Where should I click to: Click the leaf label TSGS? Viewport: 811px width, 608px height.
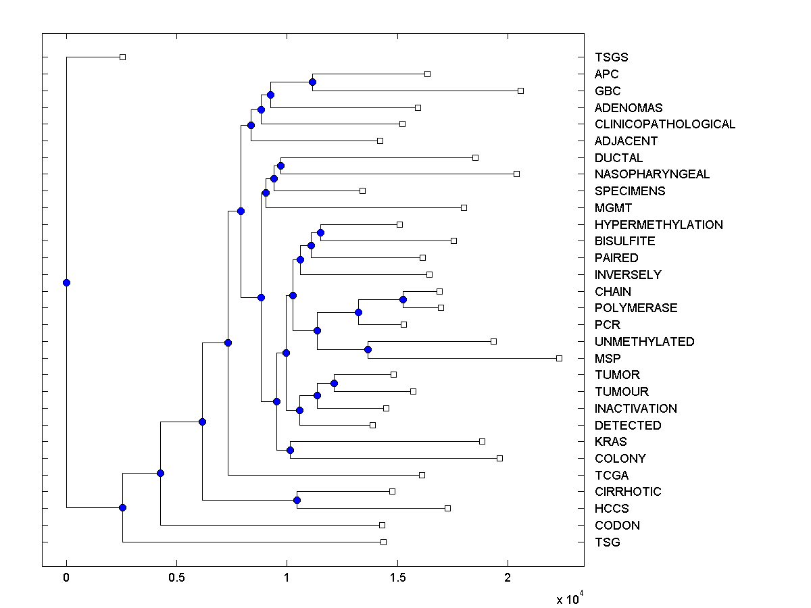[616, 57]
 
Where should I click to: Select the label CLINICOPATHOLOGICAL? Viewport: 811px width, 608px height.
[665, 124]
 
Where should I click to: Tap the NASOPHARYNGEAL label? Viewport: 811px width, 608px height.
[652, 174]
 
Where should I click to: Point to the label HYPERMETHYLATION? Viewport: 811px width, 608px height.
[658, 225]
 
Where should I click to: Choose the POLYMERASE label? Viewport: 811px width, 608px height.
[636, 308]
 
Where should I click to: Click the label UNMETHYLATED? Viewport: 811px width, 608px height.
[644, 342]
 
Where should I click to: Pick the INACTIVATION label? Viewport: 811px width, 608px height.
[635, 409]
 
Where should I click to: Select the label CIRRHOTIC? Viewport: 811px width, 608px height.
[628, 492]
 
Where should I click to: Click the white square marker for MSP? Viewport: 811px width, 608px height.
[559, 358]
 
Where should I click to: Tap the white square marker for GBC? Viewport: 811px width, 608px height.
[520, 91]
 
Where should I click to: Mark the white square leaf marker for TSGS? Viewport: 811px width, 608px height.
[122, 57]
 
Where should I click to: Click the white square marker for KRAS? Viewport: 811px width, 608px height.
[482, 441]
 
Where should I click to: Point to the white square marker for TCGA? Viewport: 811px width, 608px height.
[422, 475]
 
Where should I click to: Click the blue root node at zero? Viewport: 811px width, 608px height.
[66, 282]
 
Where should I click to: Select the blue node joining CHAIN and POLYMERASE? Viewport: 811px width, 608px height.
[403, 299]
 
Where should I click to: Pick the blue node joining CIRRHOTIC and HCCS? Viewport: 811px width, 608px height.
[297, 500]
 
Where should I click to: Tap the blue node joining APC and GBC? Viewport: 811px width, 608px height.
[312, 82]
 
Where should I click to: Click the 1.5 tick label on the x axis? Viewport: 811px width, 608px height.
[397, 578]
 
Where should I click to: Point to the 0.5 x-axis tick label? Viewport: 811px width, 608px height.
[176, 578]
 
